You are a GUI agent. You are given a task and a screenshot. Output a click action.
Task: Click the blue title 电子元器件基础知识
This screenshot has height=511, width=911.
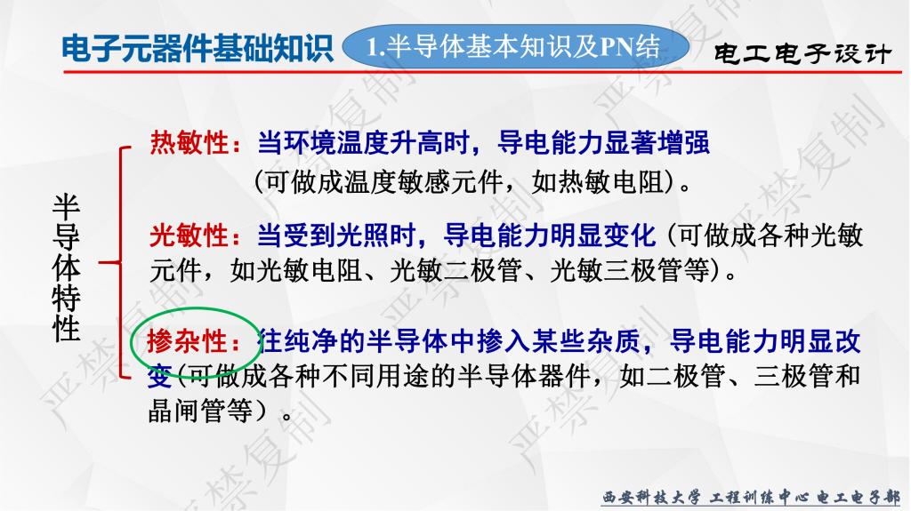coord(197,48)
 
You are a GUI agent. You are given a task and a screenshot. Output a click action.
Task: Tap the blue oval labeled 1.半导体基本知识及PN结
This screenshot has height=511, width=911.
coord(515,46)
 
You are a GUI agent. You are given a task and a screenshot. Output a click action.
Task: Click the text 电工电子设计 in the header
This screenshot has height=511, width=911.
coord(802,53)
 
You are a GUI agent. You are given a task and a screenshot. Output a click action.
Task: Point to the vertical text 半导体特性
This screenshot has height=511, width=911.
coord(66,267)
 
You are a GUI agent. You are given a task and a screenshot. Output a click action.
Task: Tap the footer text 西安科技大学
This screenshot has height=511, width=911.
coord(650,498)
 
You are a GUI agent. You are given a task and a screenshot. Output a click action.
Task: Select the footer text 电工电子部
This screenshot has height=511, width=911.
coord(859,498)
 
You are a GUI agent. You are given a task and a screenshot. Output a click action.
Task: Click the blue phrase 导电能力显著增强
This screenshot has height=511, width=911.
coord(604,142)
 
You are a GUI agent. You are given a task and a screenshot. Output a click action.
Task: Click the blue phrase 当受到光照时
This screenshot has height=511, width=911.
coord(336,236)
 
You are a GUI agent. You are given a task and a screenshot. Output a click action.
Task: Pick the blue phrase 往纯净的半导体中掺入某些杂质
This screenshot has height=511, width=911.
coord(448,341)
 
